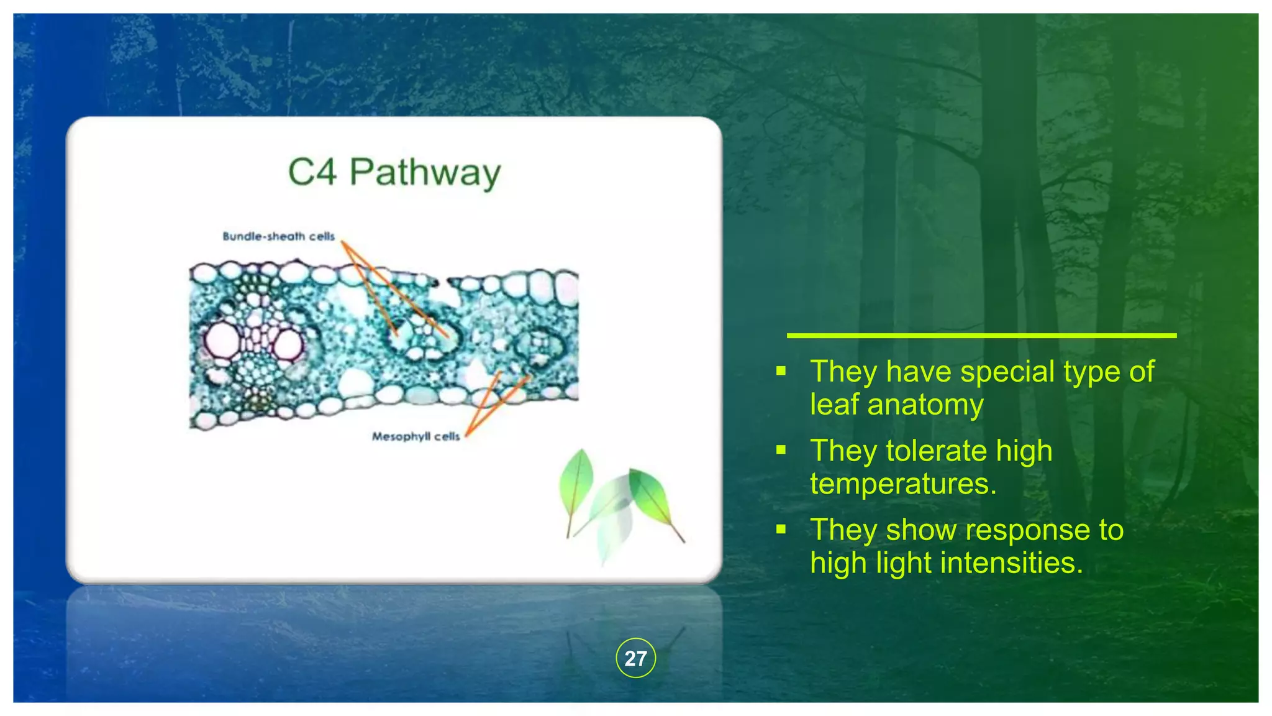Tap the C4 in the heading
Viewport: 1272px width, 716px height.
[x=312, y=172]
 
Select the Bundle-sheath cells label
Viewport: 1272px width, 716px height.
[x=278, y=236]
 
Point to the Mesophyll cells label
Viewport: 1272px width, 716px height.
[x=416, y=436]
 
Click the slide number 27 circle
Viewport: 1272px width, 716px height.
[x=635, y=658]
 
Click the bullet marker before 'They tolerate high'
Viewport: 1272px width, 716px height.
[x=781, y=450]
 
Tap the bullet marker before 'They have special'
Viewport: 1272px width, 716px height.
[x=781, y=371]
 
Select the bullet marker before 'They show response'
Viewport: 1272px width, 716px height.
[x=781, y=529]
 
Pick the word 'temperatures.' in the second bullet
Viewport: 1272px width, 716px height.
[x=903, y=484]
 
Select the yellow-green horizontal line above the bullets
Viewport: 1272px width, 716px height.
[x=981, y=336]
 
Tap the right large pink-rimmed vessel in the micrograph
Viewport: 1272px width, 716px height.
[x=288, y=343]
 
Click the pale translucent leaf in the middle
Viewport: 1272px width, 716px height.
[x=612, y=516]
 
